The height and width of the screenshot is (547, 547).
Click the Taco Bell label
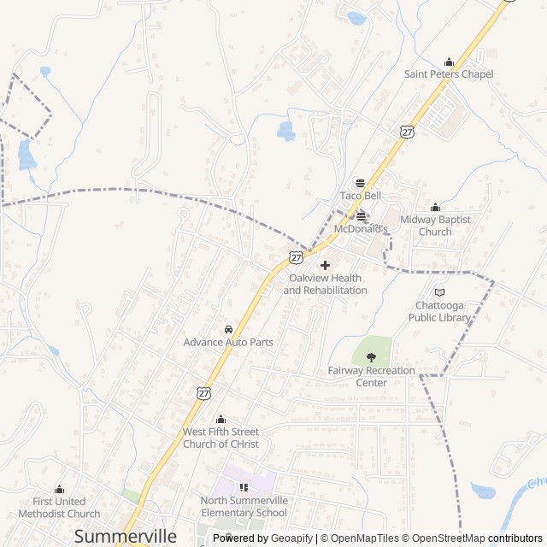pos(360,196)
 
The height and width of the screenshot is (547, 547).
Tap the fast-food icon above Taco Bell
pos(360,183)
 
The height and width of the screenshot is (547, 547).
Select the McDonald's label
pos(360,229)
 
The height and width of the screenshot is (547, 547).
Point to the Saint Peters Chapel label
pos(450,74)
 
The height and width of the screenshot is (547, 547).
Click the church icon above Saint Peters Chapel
pos(450,62)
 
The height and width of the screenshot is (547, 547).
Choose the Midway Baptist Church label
pos(435,226)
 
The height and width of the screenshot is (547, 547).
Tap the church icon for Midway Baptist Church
pos(435,207)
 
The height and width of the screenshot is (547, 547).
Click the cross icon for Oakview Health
pos(325,266)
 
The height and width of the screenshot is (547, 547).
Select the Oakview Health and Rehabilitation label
pos(325,285)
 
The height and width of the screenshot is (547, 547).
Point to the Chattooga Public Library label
pos(439,311)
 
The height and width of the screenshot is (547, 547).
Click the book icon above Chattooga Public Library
pos(439,292)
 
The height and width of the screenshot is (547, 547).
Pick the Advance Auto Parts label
pos(228,342)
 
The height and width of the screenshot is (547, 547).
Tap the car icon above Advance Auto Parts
pos(228,329)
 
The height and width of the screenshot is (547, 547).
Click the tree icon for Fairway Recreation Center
pos(371,357)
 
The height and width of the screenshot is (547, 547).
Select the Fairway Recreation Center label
pos(371,376)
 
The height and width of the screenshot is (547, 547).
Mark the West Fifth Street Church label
pos(221,438)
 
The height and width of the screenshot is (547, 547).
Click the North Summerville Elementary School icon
pos(244,487)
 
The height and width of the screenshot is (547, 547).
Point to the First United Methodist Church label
pos(59,508)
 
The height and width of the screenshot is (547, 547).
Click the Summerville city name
pos(126,536)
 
